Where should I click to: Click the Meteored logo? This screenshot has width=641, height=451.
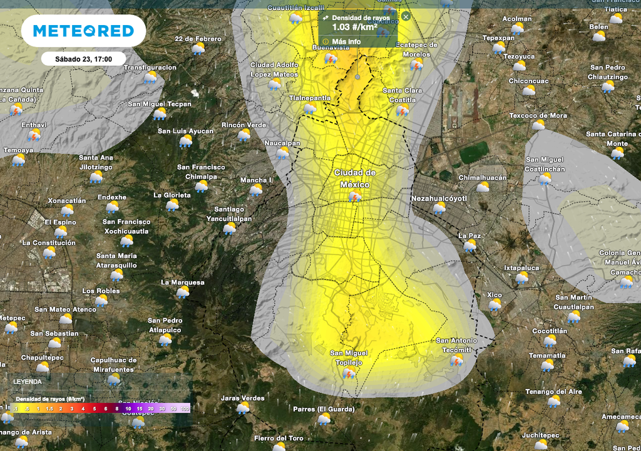(x=83, y=31)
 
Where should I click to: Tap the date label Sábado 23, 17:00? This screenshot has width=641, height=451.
(x=83, y=59)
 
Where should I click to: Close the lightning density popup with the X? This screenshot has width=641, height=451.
(x=406, y=16)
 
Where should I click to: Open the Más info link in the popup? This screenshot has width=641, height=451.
(x=346, y=41)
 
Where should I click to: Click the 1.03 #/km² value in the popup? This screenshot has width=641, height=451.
(x=354, y=27)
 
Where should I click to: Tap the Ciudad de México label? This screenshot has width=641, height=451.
(x=355, y=179)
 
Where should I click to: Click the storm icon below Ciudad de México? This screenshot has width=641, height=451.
(x=355, y=197)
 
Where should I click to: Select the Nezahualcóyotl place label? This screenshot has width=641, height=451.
(x=439, y=199)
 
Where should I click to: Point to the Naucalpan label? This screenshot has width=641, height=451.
(x=282, y=143)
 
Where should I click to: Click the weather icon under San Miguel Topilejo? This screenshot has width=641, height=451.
(x=349, y=374)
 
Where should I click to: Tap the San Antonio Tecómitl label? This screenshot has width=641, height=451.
(x=456, y=345)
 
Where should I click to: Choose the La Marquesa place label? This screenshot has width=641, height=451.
(x=183, y=283)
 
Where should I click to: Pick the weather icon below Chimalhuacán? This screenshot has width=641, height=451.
(x=483, y=187)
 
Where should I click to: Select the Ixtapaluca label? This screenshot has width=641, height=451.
(x=521, y=267)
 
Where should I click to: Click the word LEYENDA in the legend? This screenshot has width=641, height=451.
(x=28, y=381)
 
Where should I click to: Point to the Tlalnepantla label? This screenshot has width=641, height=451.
(x=310, y=98)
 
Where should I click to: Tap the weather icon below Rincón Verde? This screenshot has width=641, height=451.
(x=244, y=135)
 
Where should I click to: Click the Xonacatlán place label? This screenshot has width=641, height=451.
(x=67, y=200)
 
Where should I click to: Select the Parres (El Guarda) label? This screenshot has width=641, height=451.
(x=324, y=409)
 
